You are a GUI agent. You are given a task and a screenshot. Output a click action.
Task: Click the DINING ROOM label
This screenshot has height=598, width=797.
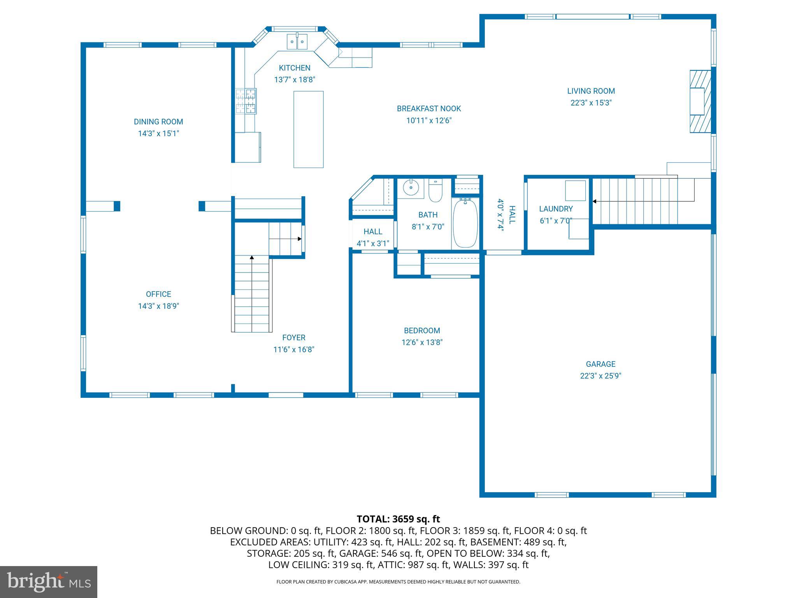click(158, 122)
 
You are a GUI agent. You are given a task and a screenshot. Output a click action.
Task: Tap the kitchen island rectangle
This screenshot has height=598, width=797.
click(308, 129)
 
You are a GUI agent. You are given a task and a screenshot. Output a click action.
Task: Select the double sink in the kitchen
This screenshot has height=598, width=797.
click(297, 42)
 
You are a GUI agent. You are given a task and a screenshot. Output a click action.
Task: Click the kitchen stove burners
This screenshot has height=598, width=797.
click(246, 101)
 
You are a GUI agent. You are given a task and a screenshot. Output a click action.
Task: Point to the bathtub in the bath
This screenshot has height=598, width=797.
click(465, 223)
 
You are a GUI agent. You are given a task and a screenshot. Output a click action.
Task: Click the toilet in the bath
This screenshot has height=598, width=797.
click(435, 191)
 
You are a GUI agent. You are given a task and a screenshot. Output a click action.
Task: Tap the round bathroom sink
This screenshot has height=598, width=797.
click(411, 188)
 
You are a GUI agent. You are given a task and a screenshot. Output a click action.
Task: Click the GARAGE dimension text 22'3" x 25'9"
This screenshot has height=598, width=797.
click(600, 376)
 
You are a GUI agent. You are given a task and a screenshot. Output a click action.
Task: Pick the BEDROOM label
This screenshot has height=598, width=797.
click(422, 331)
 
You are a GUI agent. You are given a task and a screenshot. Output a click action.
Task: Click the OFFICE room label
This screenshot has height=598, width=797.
click(158, 294)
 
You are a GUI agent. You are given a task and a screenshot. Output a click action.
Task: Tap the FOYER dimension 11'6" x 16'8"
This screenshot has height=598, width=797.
click(294, 350)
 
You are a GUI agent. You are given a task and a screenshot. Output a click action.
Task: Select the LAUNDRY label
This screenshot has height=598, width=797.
click(556, 209)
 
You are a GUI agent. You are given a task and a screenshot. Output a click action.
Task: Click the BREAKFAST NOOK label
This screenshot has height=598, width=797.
click(429, 109)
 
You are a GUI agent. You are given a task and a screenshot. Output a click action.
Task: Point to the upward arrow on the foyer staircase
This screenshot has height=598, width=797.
click(252, 258)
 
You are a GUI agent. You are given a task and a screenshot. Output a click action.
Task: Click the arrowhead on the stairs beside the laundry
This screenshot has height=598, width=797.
click(595, 201)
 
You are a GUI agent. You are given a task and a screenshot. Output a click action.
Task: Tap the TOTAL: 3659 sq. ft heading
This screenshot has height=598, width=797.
click(398, 519)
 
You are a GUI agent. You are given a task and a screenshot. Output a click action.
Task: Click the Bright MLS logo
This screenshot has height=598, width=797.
click(49, 582)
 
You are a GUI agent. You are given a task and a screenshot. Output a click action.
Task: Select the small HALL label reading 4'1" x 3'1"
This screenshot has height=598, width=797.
click(373, 244)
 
